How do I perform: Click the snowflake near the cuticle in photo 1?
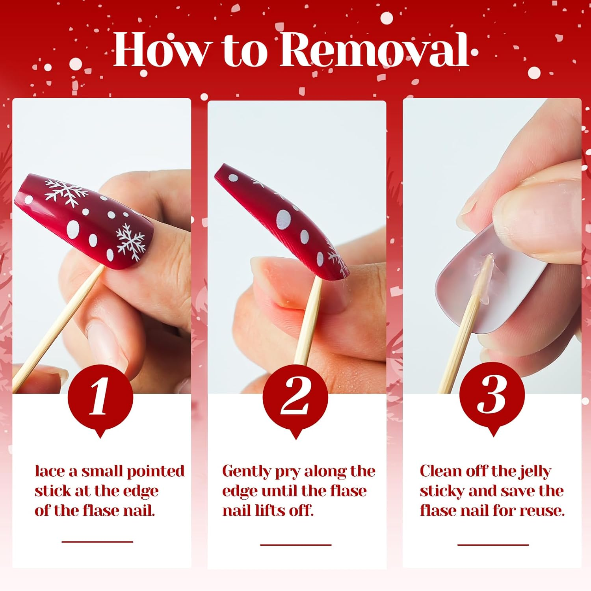[x=131, y=242]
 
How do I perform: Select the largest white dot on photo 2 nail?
[x=283, y=219]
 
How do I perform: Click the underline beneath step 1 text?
[x=97, y=542]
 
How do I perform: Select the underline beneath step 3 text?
[x=493, y=545]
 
